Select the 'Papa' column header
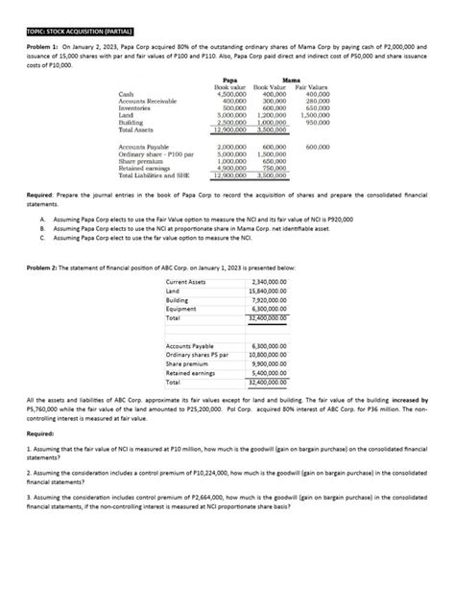point(230,82)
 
